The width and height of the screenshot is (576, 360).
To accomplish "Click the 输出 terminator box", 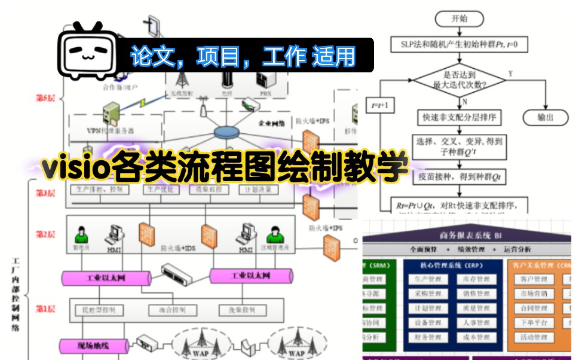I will click(x=545, y=117).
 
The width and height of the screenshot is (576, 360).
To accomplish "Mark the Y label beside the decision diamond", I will click(x=510, y=73).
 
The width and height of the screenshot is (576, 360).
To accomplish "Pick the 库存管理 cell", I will click(x=476, y=280).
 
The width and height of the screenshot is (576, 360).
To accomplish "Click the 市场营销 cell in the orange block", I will click(x=534, y=294).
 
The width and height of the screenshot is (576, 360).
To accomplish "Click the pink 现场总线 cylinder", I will click(x=93, y=345).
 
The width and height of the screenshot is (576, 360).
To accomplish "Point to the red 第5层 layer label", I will click(x=46, y=97).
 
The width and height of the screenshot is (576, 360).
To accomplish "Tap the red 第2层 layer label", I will click(x=46, y=234).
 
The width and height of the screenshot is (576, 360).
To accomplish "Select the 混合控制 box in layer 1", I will click(x=164, y=310).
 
